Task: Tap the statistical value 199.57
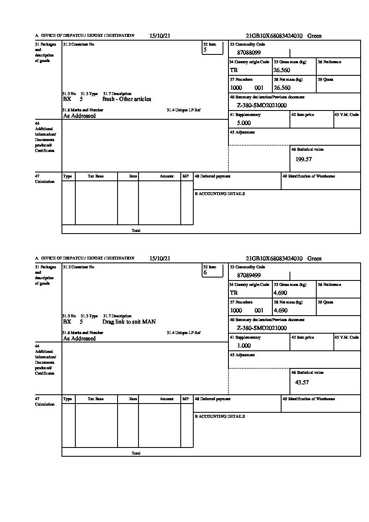pyautogui.click(x=303, y=159)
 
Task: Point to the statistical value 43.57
pyautogui.click(x=302, y=382)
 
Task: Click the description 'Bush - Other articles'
pyautogui.click(x=127, y=99)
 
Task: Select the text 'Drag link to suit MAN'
pyautogui.click(x=129, y=322)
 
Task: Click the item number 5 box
pyautogui.click(x=212, y=49)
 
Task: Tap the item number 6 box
pyautogui.click(x=212, y=271)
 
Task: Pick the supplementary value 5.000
pyautogui.click(x=244, y=123)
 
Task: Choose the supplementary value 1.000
pyautogui.click(x=244, y=346)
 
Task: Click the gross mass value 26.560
pyautogui.click(x=282, y=70)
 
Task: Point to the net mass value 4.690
pyautogui.click(x=280, y=311)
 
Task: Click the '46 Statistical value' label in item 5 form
pyautogui.click(x=307, y=149)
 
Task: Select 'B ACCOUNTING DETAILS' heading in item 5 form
pyautogui.click(x=220, y=194)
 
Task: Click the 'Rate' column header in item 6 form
pyautogui.click(x=133, y=399)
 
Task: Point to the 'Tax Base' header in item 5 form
pyautogui.click(x=96, y=176)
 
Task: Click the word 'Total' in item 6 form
pyautogui.click(x=136, y=453)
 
